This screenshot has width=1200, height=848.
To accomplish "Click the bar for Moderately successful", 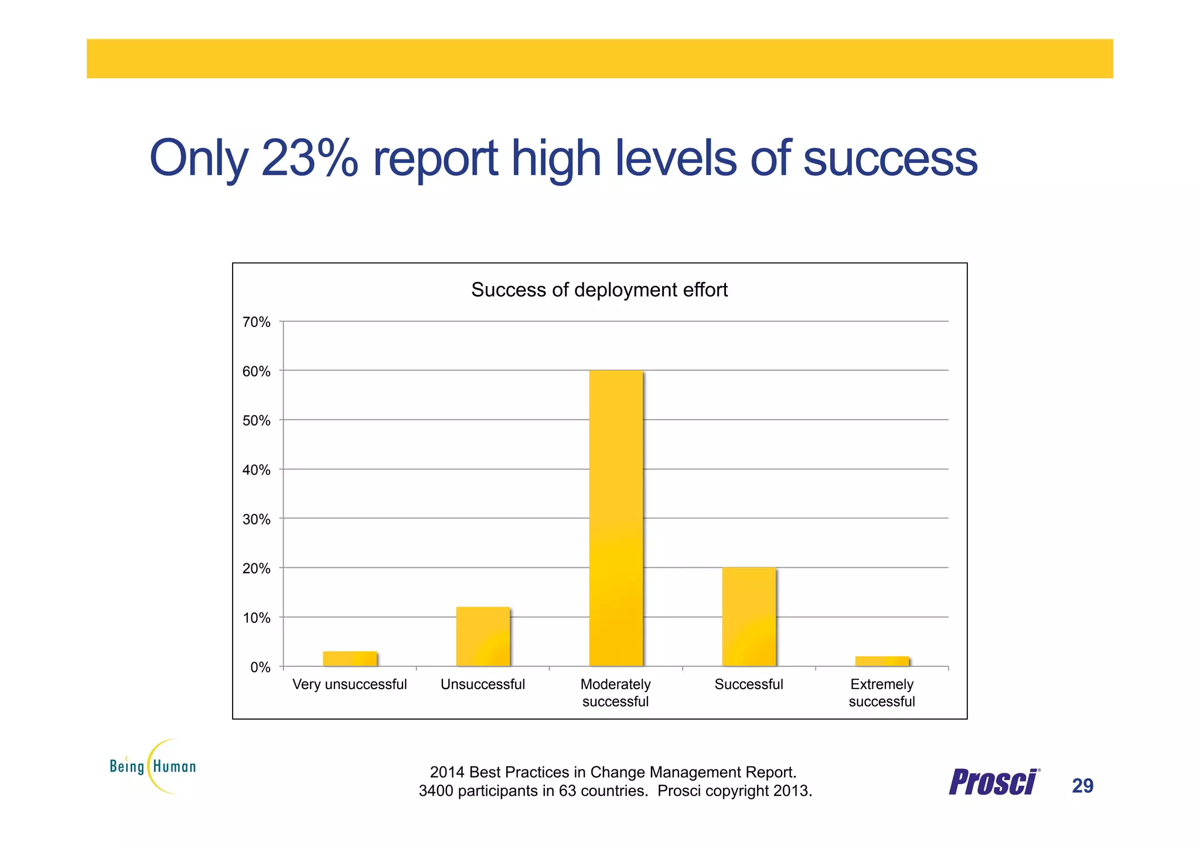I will pos(616,519).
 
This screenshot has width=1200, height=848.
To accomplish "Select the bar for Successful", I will pos(749,617).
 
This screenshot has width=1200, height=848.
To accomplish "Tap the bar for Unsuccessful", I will pos(483,636).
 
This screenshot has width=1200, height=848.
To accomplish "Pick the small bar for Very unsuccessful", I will pos(350,659).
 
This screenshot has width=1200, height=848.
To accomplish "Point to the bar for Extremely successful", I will pos(882,661).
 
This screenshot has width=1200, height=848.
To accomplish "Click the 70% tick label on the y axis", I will pos(257,322).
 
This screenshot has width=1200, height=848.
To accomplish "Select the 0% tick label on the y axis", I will pos(260,667).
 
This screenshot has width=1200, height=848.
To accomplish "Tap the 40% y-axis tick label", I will pos(257,470).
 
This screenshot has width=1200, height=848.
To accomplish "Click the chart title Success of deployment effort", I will pos(599,290).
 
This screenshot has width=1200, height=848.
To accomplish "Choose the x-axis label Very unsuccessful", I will pos(349,684).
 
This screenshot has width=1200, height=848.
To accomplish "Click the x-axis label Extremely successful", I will pos(882,693).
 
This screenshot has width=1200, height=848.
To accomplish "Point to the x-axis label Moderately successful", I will pos(615,693).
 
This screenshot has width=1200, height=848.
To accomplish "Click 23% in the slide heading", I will pos(309,158).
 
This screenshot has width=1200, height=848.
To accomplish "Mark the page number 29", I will pos(1082,786).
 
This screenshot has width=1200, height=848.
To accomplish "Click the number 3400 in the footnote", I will pos(436,791).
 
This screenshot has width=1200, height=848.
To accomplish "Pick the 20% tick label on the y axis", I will pos(257,568).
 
